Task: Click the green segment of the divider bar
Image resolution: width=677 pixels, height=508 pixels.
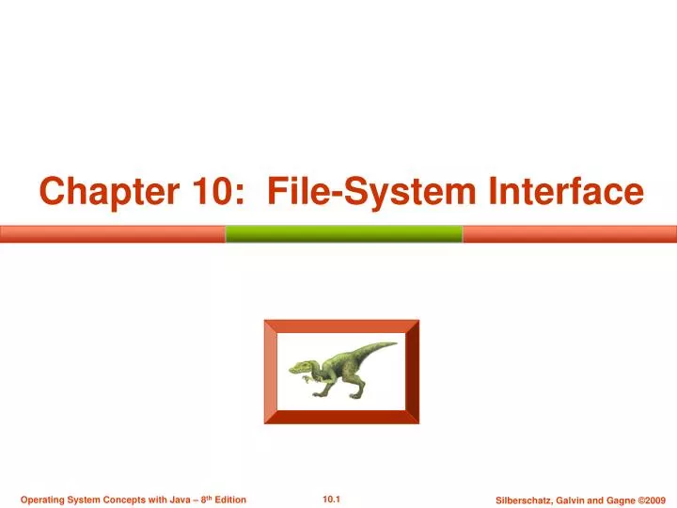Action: (x=344, y=233)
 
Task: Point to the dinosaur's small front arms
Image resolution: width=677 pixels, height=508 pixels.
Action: (x=311, y=378)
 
